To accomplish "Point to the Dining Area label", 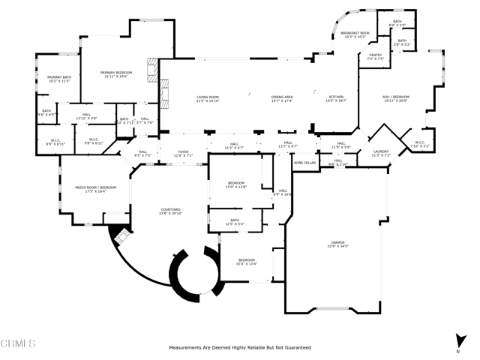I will click(282, 98).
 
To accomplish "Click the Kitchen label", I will click(335, 98).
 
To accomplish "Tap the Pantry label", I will click(375, 56).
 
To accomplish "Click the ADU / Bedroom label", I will click(398, 98).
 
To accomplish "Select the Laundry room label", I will click(380, 153).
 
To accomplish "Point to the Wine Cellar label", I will click(304, 162).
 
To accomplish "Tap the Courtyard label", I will click(170, 211).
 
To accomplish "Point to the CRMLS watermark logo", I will click(19, 344).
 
